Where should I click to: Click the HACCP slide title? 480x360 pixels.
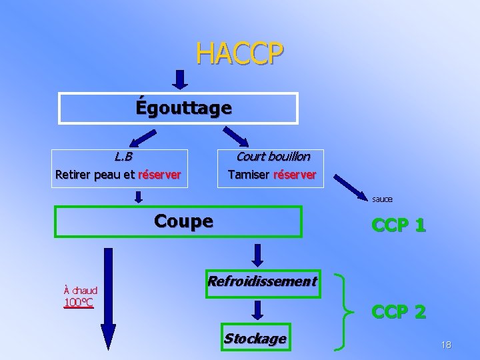tap(239, 53)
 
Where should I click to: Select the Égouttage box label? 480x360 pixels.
tap(183, 107)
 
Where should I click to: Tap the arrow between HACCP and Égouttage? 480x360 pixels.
tap(180, 80)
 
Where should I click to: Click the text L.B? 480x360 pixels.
tap(123, 157)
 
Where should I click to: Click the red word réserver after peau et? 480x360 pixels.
tap(159, 175)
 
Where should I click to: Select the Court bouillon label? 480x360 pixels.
tap(273, 157)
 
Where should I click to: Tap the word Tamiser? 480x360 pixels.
tap(249, 175)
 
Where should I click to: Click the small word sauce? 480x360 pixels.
tap(382, 199)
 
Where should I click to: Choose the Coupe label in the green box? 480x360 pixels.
tap(183, 221)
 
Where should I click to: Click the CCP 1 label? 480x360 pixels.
tap(399, 225)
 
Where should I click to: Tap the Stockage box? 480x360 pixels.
tap(255, 338)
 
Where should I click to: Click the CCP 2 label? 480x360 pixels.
tap(399, 311)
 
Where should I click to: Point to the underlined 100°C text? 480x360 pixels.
tap(79, 303)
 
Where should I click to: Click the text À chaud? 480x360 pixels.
tap(80, 290)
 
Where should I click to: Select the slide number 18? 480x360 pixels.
tap(446, 345)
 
